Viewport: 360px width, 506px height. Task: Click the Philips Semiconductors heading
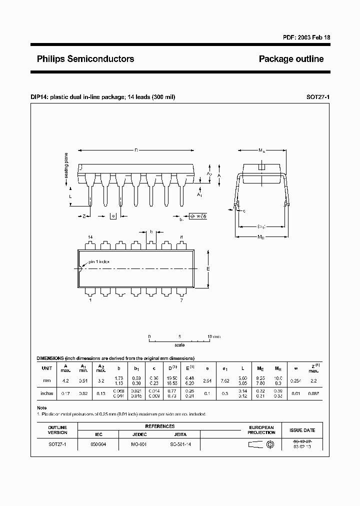click(x=85, y=59)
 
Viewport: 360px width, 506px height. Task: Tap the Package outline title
click(x=291, y=59)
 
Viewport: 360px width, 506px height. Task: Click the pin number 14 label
click(x=90, y=237)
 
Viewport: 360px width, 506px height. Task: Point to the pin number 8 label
click(x=181, y=237)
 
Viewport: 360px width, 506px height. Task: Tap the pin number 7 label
click(x=181, y=300)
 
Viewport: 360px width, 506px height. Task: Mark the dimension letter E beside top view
click(x=208, y=268)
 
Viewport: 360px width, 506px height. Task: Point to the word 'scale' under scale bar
click(x=179, y=345)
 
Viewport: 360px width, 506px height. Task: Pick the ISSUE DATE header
click(x=302, y=429)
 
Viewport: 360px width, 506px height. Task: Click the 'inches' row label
click(x=46, y=393)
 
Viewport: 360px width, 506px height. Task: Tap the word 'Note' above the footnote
click(x=42, y=408)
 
